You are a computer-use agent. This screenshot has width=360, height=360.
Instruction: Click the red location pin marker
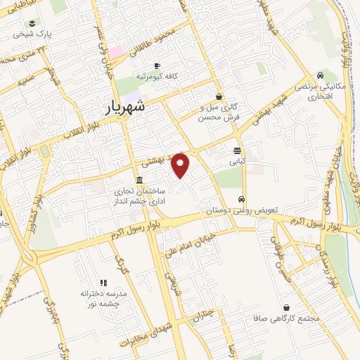[x=181, y=165]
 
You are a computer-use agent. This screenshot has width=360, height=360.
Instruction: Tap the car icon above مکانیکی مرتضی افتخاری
[x=320, y=75]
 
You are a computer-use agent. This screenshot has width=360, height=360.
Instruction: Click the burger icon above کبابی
[x=237, y=150]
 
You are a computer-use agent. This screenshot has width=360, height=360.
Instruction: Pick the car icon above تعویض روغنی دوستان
[x=241, y=199]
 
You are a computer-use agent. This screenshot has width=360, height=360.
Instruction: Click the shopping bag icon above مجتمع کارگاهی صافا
[x=287, y=308]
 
